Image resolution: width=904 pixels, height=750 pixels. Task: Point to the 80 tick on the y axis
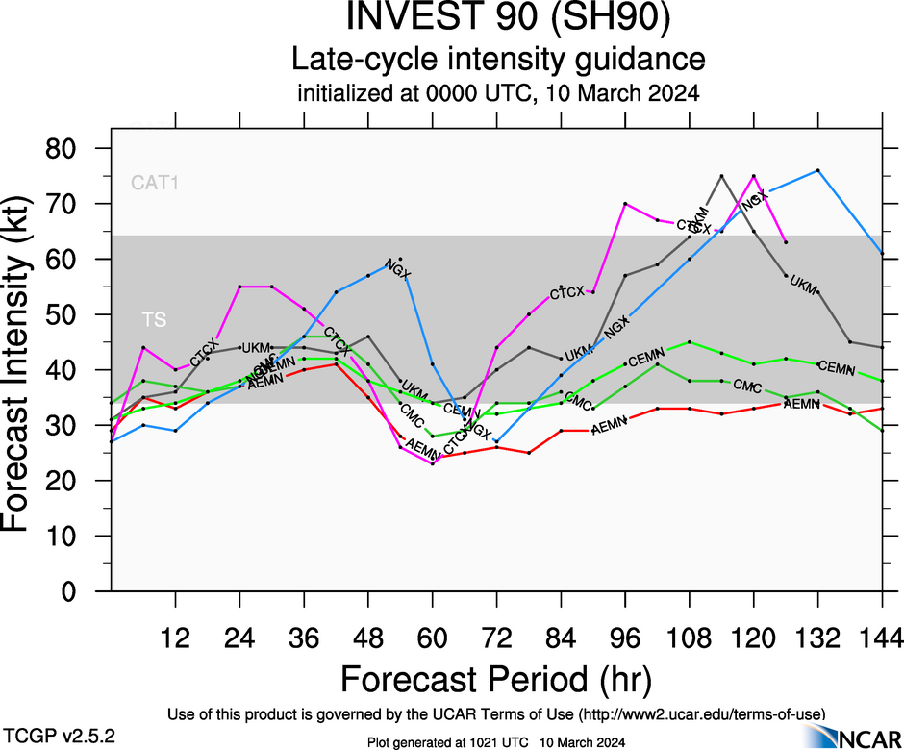pyautogui.click(x=76, y=149)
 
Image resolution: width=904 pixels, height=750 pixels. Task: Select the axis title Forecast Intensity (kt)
pyautogui.click(x=27, y=370)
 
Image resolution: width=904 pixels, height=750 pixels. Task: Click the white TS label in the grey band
pyautogui.click(x=155, y=319)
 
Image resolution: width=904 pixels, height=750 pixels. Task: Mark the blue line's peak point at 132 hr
pyautogui.click(x=817, y=170)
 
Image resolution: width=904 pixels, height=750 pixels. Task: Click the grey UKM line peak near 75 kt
pyautogui.click(x=721, y=176)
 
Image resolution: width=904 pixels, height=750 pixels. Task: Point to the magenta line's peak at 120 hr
pyautogui.click(x=753, y=176)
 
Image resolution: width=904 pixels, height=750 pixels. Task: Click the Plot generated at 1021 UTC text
pyautogui.click(x=496, y=742)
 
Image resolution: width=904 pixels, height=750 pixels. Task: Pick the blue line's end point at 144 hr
pyautogui.click(x=882, y=253)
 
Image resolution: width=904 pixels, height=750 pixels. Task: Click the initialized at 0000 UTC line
pyautogui.click(x=497, y=94)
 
